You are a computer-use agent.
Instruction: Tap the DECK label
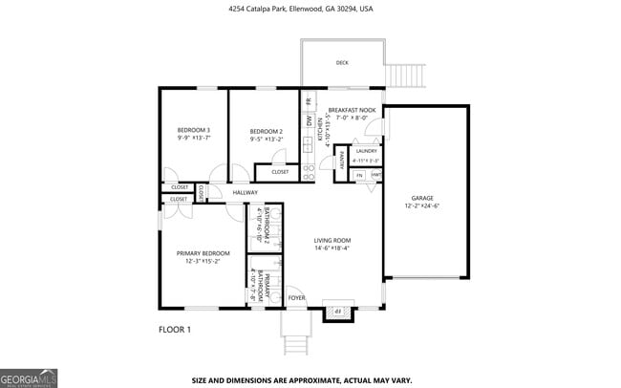tap(342, 63)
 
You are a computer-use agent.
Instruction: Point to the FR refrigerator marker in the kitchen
tap(309, 101)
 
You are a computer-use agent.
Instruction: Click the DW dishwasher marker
tap(309, 122)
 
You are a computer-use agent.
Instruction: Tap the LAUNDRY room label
tap(365, 151)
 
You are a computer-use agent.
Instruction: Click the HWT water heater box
tap(376, 176)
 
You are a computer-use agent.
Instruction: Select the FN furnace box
tap(360, 176)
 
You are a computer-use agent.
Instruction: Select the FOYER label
tap(297, 297)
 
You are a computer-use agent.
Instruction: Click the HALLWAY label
tap(246, 193)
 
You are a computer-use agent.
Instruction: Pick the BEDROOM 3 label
tap(194, 130)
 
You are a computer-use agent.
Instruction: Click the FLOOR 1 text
tap(175, 330)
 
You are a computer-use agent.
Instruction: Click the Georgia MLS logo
tap(29, 377)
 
